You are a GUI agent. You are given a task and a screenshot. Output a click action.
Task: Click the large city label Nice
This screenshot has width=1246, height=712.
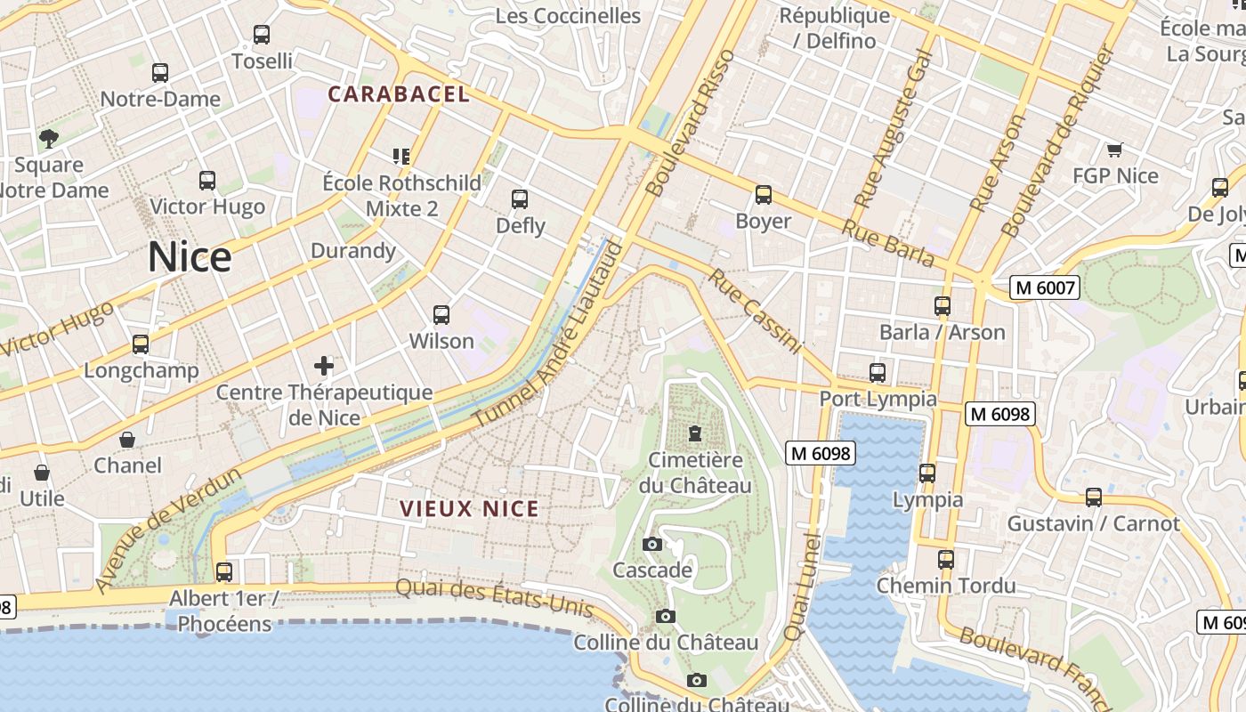click(x=190, y=257)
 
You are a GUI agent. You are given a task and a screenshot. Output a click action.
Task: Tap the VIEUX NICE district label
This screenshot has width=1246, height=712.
click(x=469, y=509)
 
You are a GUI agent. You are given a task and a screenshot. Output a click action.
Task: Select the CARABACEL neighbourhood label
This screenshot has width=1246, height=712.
click(x=398, y=93)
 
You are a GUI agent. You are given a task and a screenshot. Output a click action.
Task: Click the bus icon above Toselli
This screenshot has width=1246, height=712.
click(x=261, y=35)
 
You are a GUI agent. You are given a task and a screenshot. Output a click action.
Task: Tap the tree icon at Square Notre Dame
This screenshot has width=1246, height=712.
click(x=48, y=138)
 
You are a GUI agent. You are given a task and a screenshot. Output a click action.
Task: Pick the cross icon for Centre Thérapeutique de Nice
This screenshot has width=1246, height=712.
click(x=324, y=365)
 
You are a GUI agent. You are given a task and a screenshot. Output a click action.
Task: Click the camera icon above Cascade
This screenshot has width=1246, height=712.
click(x=651, y=544)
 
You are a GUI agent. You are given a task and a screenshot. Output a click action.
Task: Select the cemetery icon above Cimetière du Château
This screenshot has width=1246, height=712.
click(x=694, y=433)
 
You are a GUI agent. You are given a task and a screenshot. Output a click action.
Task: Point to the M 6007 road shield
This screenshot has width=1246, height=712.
click(x=1046, y=287)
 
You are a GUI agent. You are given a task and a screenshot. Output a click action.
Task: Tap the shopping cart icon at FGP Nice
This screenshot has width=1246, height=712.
click(x=1114, y=150)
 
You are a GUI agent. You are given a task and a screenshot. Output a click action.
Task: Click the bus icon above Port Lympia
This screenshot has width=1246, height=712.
click(x=878, y=372)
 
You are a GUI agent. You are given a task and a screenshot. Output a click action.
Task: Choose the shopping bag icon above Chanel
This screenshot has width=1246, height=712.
click(x=127, y=440)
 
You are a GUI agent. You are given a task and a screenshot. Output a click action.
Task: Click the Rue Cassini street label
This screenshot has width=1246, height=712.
click(x=756, y=311)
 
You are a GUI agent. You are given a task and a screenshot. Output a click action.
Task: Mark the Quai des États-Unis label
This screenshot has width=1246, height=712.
click(x=494, y=597)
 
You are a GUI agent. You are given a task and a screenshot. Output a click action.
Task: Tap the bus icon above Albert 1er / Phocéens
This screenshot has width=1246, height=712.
click(x=224, y=571)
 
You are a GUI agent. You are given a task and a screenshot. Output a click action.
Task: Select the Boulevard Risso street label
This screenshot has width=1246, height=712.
click(x=692, y=123)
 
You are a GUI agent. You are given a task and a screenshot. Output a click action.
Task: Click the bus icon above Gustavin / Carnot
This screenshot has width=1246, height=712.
click(x=1093, y=497)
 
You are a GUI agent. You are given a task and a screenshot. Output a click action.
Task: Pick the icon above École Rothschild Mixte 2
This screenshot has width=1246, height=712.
click(x=401, y=157)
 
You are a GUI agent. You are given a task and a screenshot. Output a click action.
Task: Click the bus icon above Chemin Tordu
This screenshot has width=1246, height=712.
click(x=946, y=560)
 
